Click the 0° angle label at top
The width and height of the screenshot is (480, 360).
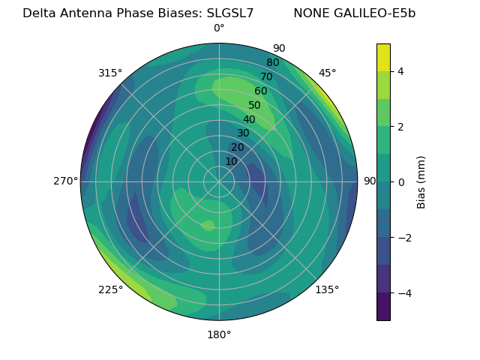point(219,28)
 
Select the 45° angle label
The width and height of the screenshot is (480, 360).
point(327,73)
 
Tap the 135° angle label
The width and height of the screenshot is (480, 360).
point(327,289)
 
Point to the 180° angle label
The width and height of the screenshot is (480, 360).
point(219,334)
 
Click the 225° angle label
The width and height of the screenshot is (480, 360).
point(110,289)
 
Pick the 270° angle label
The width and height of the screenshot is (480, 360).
point(65,181)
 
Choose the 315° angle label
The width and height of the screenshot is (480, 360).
point(110,73)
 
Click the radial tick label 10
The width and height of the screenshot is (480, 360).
point(231,161)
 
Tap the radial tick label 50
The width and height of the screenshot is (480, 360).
point(254,105)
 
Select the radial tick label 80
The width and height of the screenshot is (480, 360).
point(272,63)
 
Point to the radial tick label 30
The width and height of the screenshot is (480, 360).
point(243,133)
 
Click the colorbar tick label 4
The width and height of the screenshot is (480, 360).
point(400,71)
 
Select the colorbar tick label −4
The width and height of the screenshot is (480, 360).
point(403,292)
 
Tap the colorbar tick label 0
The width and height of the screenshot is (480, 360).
point(400,181)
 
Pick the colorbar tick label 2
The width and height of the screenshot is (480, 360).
point(400,127)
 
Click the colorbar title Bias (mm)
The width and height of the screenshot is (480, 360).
point(421,181)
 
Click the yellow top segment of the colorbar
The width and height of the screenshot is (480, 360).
point(383,57)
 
